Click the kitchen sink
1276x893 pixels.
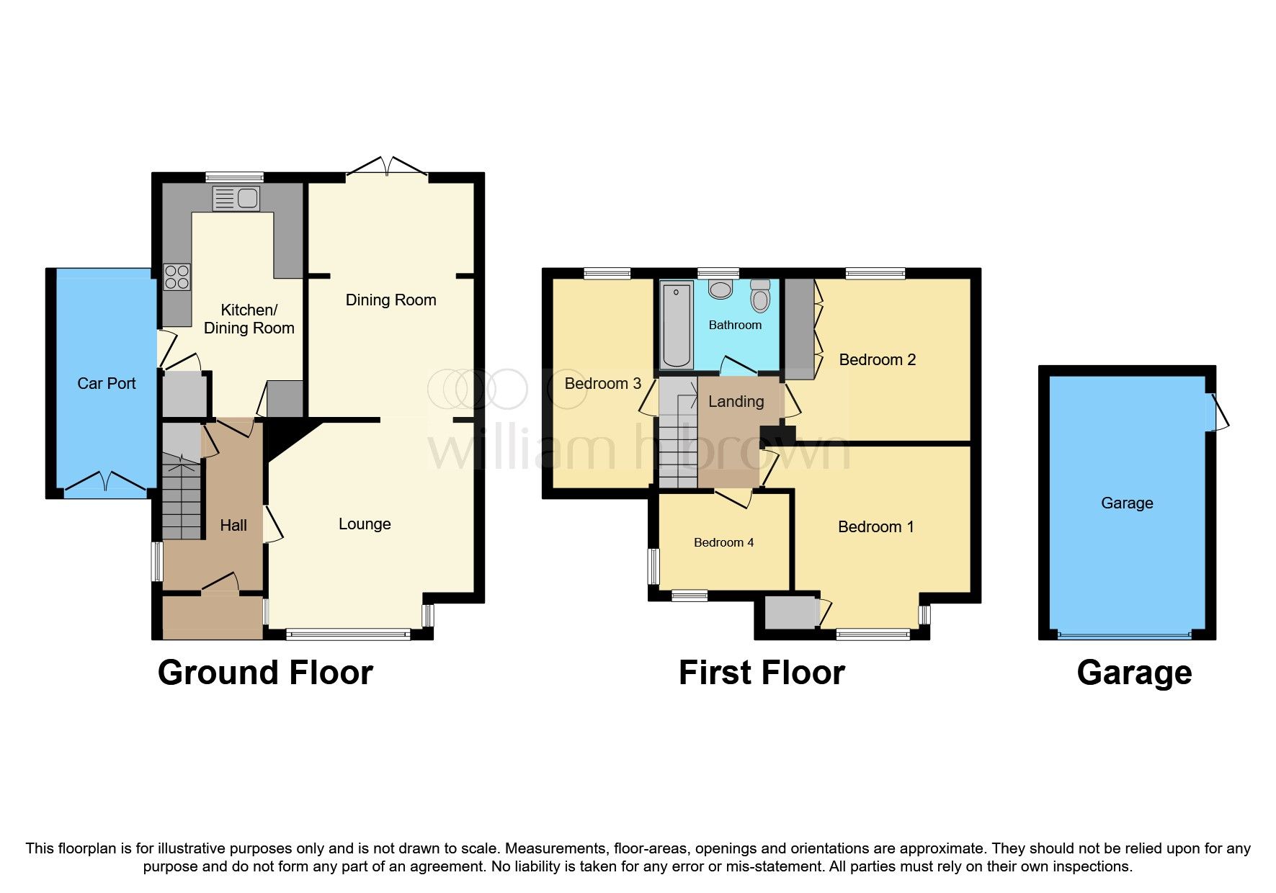tap(236, 198)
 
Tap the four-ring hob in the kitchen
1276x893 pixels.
tap(177, 277)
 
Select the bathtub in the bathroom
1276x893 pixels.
tap(677, 326)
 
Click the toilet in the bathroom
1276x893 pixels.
tap(760, 296)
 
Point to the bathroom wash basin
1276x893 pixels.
tap(720, 290)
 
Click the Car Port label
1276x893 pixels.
tap(107, 383)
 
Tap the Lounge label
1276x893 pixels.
tap(365, 524)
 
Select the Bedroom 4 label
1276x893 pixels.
tap(723, 542)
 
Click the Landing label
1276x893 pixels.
tap(736, 402)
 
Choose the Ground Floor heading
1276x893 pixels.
tap(265, 673)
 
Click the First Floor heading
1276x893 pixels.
tap(762, 673)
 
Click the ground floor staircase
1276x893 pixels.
tap(182, 497)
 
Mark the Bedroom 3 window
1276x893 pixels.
tap(607, 273)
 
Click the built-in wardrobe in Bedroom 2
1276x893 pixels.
tap(798, 328)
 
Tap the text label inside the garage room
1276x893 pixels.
tap(1126, 503)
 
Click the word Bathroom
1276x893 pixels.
tap(735, 326)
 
